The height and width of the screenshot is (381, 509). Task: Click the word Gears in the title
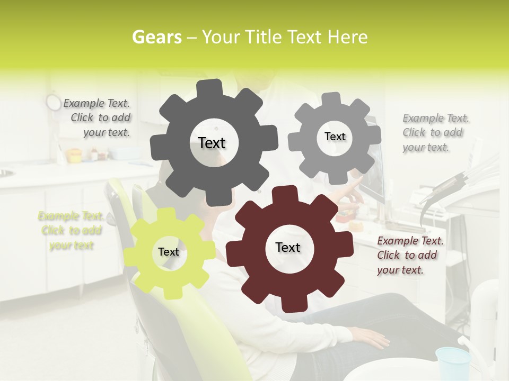(156, 37)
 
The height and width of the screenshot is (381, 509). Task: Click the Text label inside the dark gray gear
(212, 143)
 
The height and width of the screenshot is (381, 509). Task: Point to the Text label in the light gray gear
(335, 137)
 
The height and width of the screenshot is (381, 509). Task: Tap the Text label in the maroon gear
(288, 247)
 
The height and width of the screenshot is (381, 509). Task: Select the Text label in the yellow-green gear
(169, 252)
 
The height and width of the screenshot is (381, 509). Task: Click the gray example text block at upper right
(434, 133)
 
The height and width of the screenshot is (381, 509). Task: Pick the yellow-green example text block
(71, 231)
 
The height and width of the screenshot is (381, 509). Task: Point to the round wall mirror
(53, 102)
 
